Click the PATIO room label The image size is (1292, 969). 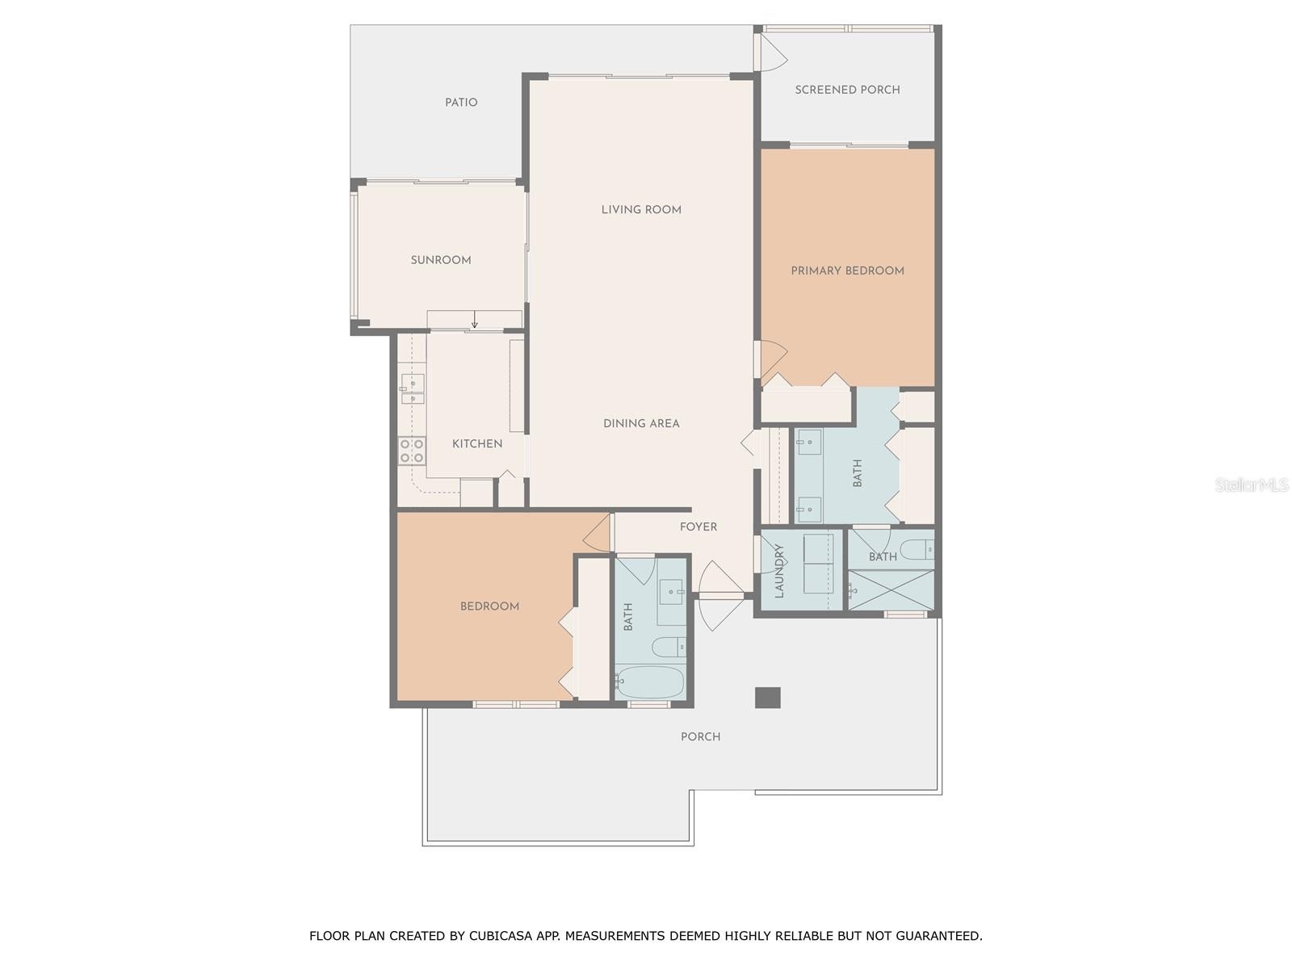coord(461,103)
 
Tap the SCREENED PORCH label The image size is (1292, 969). coord(847,90)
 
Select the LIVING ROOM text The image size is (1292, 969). coord(641,209)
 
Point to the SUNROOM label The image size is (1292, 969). coord(441,260)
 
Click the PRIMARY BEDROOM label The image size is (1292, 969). coord(847,271)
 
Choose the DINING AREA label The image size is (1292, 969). coord(641,423)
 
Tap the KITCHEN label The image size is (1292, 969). coord(476,443)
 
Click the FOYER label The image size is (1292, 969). coord(698,526)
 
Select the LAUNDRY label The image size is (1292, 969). coord(779,571)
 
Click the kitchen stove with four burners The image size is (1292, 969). coord(412,451)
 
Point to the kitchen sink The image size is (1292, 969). coord(412,389)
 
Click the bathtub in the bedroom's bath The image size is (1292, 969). coord(650,682)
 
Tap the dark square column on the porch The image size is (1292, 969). coord(768,697)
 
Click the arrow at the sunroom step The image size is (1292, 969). coord(475,320)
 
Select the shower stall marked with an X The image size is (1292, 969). coord(891,589)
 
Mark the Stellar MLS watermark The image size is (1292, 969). coord(1252,484)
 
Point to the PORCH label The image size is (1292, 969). coord(700,736)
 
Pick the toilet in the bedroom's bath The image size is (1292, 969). coord(669,647)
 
